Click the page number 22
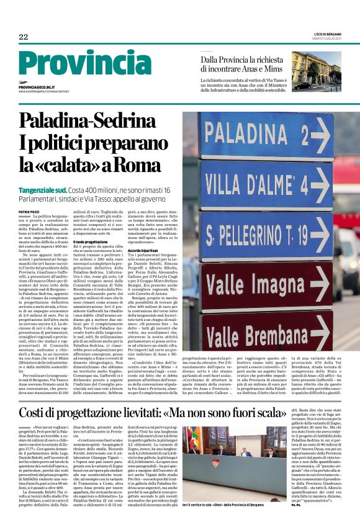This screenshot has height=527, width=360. tap(24, 37)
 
